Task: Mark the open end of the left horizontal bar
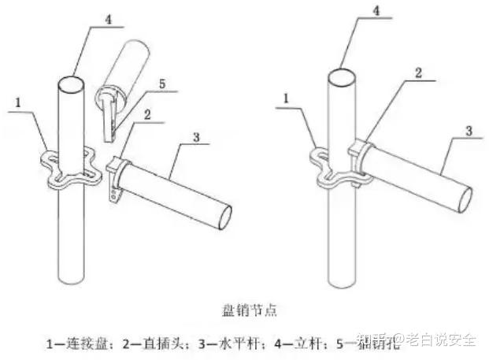point(223,211)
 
